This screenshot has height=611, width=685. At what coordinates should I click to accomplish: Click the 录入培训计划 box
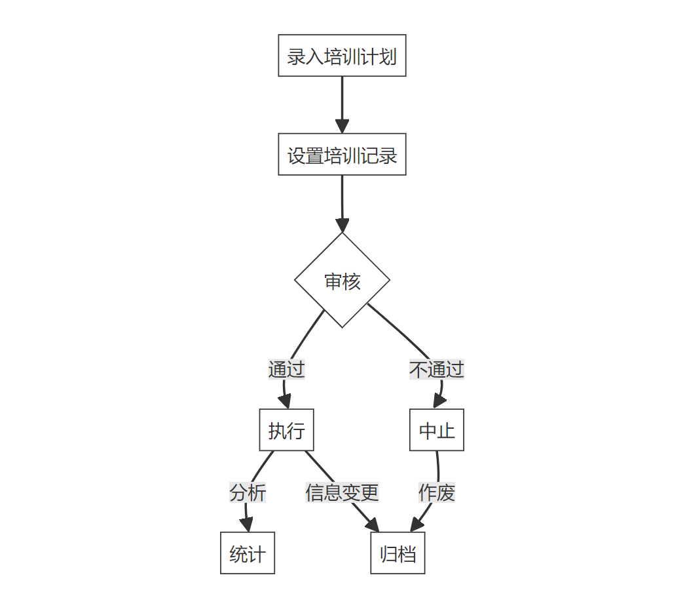click(x=342, y=56)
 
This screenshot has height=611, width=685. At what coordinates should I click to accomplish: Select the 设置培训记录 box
click(x=342, y=155)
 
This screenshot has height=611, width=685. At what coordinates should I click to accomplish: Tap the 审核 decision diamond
click(x=342, y=281)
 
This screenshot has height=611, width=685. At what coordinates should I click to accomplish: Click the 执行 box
click(x=286, y=430)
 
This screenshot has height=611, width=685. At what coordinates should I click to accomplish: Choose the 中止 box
click(x=437, y=430)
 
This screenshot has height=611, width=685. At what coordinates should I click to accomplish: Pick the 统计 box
click(x=247, y=553)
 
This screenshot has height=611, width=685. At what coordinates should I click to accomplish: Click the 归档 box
click(x=398, y=553)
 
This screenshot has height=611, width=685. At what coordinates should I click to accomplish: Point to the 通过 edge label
click(x=286, y=369)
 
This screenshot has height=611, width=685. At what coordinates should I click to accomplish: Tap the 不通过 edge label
click(x=437, y=369)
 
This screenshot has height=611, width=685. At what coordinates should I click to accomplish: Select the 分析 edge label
click(x=248, y=492)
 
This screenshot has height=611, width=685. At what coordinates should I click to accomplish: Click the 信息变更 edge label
click(x=342, y=492)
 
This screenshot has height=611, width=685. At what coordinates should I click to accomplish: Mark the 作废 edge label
click(x=437, y=492)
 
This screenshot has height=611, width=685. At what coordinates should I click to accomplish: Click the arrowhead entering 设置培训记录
click(x=342, y=127)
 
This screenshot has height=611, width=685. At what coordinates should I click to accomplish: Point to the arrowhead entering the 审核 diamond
click(x=342, y=226)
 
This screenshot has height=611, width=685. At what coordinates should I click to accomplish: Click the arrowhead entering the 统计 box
click(x=246, y=525)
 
